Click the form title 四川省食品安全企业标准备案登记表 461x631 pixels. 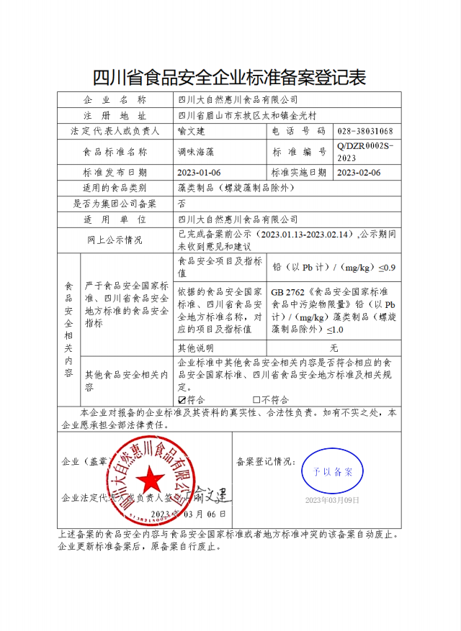tap(230, 76)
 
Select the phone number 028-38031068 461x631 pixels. tap(364, 131)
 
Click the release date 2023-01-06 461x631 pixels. tap(199, 173)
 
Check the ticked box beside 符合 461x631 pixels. tap(182, 400)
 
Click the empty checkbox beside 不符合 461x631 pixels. tap(256, 400)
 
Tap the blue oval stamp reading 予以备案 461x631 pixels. tap(332, 472)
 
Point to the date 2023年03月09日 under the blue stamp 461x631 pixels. tap(331, 500)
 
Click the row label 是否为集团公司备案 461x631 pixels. tap(115, 203)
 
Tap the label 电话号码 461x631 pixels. tap(299, 131)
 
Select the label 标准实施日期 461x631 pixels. tap(299, 173)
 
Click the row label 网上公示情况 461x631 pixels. tap(115, 240)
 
